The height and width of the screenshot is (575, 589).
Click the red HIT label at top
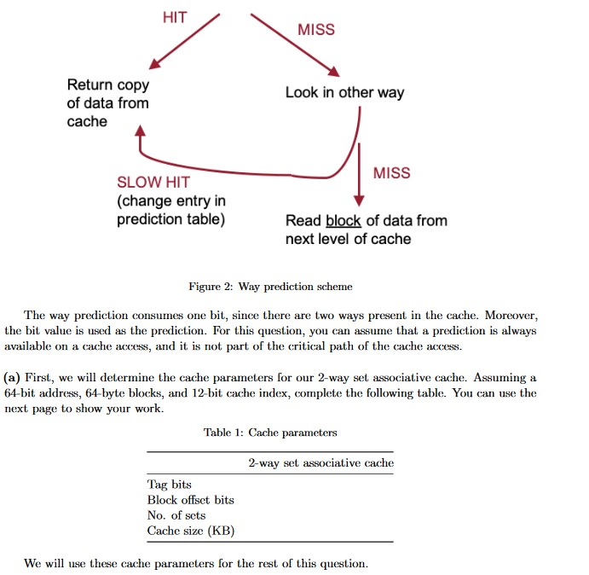(174, 17)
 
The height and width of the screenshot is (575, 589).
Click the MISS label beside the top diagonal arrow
(316, 30)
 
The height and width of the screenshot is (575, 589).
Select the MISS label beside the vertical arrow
(391, 173)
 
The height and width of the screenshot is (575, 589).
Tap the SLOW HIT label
(153, 183)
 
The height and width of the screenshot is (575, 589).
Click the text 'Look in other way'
(344, 92)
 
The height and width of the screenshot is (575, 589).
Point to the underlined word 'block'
(344, 220)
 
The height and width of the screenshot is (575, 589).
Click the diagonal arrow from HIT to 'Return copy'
(184, 41)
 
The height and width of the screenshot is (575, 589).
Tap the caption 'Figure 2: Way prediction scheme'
(270, 287)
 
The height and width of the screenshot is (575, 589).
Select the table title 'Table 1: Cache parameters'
(270, 433)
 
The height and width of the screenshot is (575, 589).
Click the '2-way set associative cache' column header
(320, 463)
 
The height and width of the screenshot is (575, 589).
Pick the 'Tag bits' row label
(170, 485)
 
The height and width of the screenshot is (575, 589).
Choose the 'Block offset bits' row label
(190, 500)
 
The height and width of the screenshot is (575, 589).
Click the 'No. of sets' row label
(176, 515)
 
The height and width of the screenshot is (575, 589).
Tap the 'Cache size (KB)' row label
(190, 531)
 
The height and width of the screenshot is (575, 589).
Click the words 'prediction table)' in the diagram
(170, 220)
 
